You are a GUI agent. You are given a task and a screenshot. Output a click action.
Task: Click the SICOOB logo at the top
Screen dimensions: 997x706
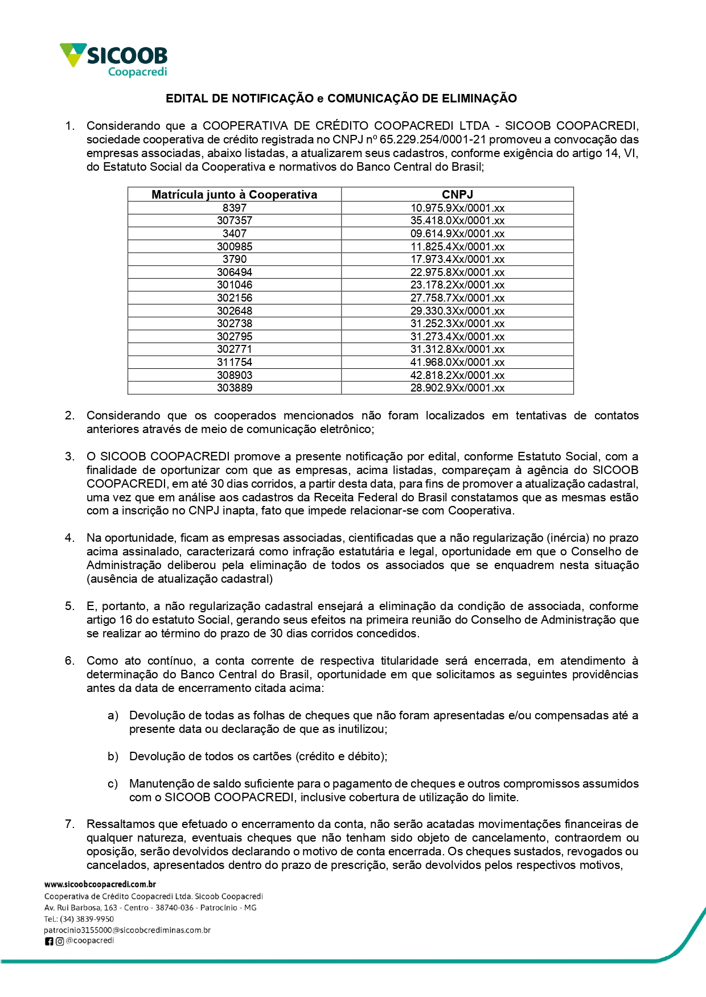coord(114,59)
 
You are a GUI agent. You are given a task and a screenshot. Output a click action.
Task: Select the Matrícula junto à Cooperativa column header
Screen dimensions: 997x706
coord(234,195)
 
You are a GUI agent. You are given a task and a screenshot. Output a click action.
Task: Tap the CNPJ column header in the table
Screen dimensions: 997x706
coord(457,195)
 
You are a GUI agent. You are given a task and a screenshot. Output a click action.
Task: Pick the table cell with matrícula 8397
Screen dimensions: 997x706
coord(234,208)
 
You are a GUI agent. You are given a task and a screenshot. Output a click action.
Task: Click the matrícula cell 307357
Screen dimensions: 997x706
coord(234,221)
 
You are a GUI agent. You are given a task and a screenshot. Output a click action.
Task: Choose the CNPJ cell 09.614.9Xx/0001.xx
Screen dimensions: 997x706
coord(457,234)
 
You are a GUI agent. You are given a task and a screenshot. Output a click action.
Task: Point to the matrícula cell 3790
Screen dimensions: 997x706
coord(234,259)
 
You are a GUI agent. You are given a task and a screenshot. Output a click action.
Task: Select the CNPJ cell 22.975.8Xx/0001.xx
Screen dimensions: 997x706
coord(457,273)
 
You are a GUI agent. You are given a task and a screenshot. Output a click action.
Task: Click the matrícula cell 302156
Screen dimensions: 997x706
coord(234,298)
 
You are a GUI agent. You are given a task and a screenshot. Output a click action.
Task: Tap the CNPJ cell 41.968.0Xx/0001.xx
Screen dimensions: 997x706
coord(457,362)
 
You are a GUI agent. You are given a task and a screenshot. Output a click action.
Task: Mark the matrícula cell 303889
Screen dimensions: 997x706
coord(234,388)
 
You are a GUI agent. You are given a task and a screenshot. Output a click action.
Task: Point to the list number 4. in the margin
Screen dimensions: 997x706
coord(69,538)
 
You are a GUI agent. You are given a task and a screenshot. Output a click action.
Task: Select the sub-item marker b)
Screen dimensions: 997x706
coord(113,756)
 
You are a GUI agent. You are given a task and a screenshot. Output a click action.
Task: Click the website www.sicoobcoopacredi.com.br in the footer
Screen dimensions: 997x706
coord(100,884)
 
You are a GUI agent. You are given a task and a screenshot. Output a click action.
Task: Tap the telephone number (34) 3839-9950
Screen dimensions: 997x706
coord(87,919)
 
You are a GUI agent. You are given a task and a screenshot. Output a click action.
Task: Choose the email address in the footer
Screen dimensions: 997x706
coord(127,930)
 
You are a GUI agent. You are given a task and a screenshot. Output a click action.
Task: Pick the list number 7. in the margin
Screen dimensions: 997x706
coord(69,824)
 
